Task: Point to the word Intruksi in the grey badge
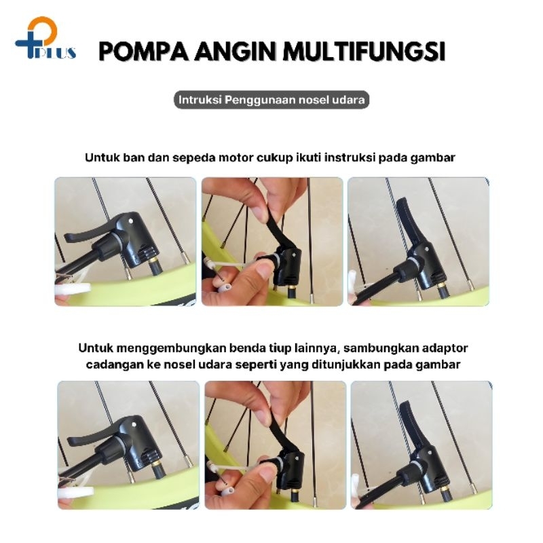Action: pos(200,100)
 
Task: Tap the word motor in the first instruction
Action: pos(237,158)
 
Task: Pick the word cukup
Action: pos(275,158)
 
